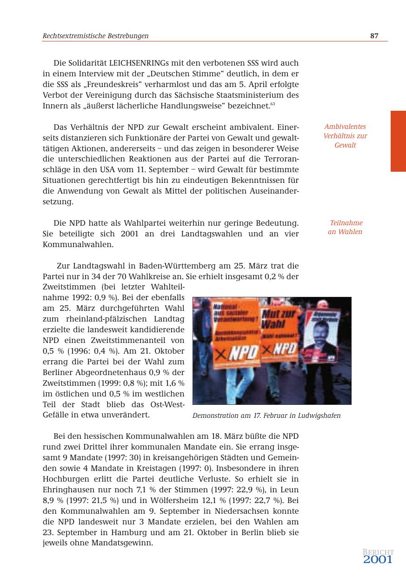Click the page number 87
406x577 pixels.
(x=374, y=36)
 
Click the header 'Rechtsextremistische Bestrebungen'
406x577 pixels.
(x=96, y=36)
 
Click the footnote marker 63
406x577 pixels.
(x=273, y=103)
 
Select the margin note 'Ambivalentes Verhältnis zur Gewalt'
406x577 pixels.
(x=345, y=136)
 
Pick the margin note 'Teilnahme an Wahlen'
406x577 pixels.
(x=345, y=228)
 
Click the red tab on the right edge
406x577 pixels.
(x=398, y=141)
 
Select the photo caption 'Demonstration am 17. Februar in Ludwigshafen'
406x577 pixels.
(x=266, y=416)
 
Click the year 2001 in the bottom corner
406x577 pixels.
(x=378, y=560)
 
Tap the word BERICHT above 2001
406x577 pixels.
(x=378, y=552)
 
